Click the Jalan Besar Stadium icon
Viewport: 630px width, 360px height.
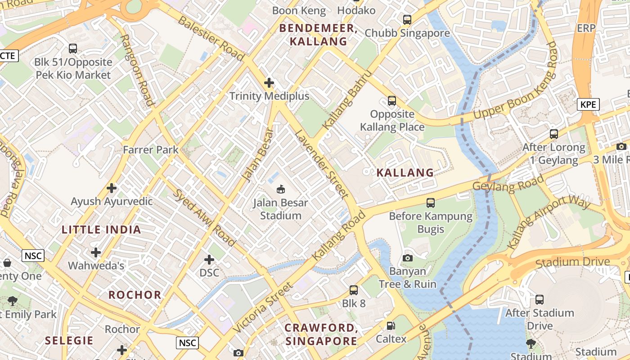click(281, 189)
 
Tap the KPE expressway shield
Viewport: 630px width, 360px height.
click(588, 105)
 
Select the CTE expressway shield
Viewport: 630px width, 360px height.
click(8, 56)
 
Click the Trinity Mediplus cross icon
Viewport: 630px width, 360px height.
click(269, 83)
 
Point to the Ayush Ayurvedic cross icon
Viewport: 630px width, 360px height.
click(112, 188)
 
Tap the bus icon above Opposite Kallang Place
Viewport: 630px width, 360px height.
click(392, 101)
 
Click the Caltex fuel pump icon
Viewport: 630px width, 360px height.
click(391, 326)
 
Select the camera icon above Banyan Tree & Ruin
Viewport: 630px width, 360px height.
click(408, 258)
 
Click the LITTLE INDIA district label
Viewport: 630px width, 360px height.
click(101, 230)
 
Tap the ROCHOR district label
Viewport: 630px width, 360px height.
click(135, 295)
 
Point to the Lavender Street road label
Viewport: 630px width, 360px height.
click(321, 164)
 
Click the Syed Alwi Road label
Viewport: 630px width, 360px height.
click(204, 217)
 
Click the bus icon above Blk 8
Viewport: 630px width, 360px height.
click(354, 290)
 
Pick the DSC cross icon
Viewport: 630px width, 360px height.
click(209, 260)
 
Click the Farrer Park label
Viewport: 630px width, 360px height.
click(151, 150)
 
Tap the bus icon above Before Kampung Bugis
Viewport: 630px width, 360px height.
click(431, 203)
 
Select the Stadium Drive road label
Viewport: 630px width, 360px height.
click(573, 262)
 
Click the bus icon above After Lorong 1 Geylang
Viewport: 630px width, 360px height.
click(554, 134)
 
